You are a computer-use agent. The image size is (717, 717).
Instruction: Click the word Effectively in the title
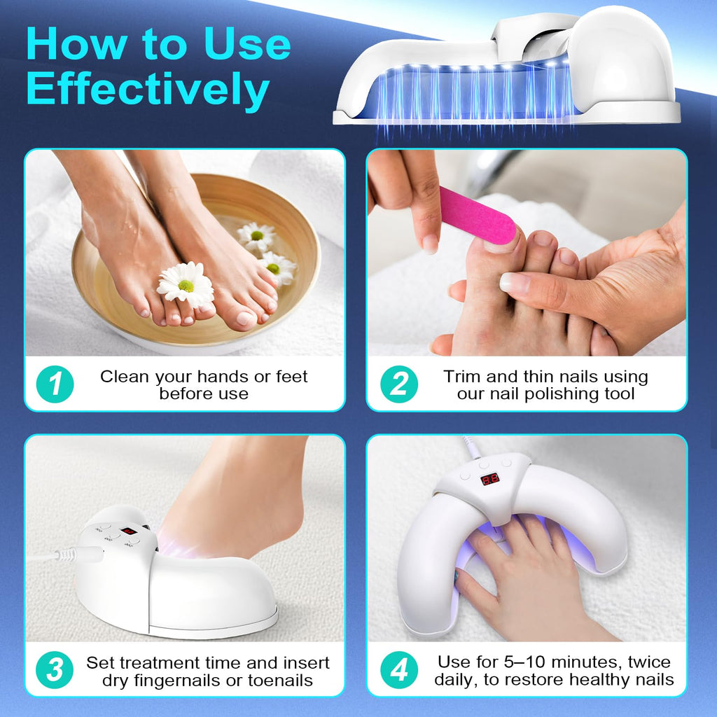click(148, 90)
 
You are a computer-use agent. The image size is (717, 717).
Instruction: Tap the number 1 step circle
click(55, 384)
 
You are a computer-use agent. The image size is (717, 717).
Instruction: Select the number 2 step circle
click(398, 384)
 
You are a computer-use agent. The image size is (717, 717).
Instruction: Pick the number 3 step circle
click(55, 670)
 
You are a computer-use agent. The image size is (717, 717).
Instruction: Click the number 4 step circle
click(398, 670)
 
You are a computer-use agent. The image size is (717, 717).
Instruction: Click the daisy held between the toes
click(185, 284)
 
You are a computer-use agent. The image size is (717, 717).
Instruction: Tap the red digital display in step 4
click(489, 480)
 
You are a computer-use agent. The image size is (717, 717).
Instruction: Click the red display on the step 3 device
click(128, 531)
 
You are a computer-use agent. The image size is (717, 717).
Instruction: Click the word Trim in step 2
click(460, 377)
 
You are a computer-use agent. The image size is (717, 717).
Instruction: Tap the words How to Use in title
click(158, 43)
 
